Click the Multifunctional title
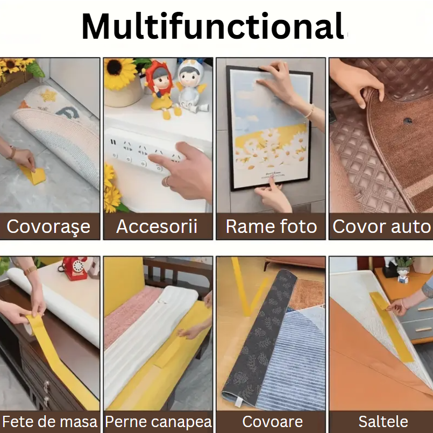(x=212, y=27)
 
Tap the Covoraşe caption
(x=48, y=226)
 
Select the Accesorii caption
(x=157, y=226)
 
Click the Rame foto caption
(x=271, y=226)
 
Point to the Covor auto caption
(x=381, y=226)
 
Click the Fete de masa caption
(x=50, y=422)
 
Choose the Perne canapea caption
(x=158, y=422)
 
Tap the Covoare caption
(x=272, y=422)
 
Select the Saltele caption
(x=384, y=422)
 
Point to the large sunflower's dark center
(x=115, y=67)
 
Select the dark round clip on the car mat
(x=408, y=120)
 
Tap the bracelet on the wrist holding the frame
(x=311, y=111)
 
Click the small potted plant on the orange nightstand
(x=404, y=269)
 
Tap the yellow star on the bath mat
(x=49, y=96)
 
